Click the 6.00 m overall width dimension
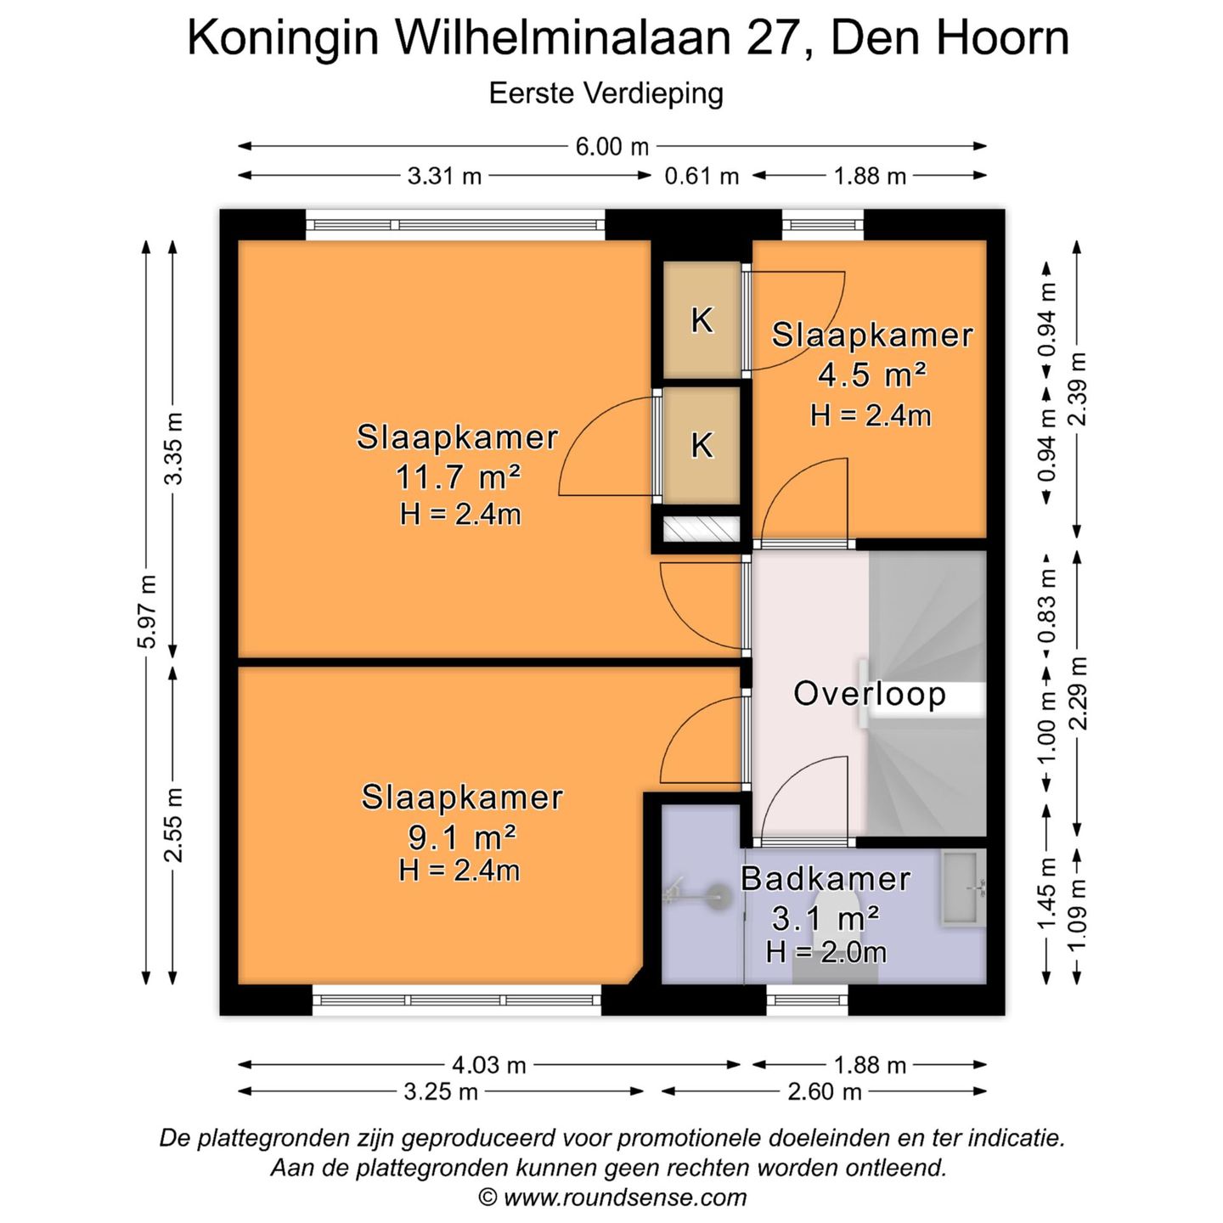coord(611,147)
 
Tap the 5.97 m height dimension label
coord(148,611)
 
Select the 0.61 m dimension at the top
coord(702,177)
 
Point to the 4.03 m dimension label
coord(489,1065)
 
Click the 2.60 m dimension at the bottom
coord(824,1091)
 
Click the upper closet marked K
coord(702,320)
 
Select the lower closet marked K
coord(702,445)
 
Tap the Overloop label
coord(869,694)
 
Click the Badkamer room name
coord(826,879)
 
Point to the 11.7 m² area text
coord(458,477)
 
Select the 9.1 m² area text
coord(462,837)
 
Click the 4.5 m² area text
coord(871,375)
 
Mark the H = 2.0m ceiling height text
coord(826,953)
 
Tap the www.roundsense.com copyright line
coord(613,1198)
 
